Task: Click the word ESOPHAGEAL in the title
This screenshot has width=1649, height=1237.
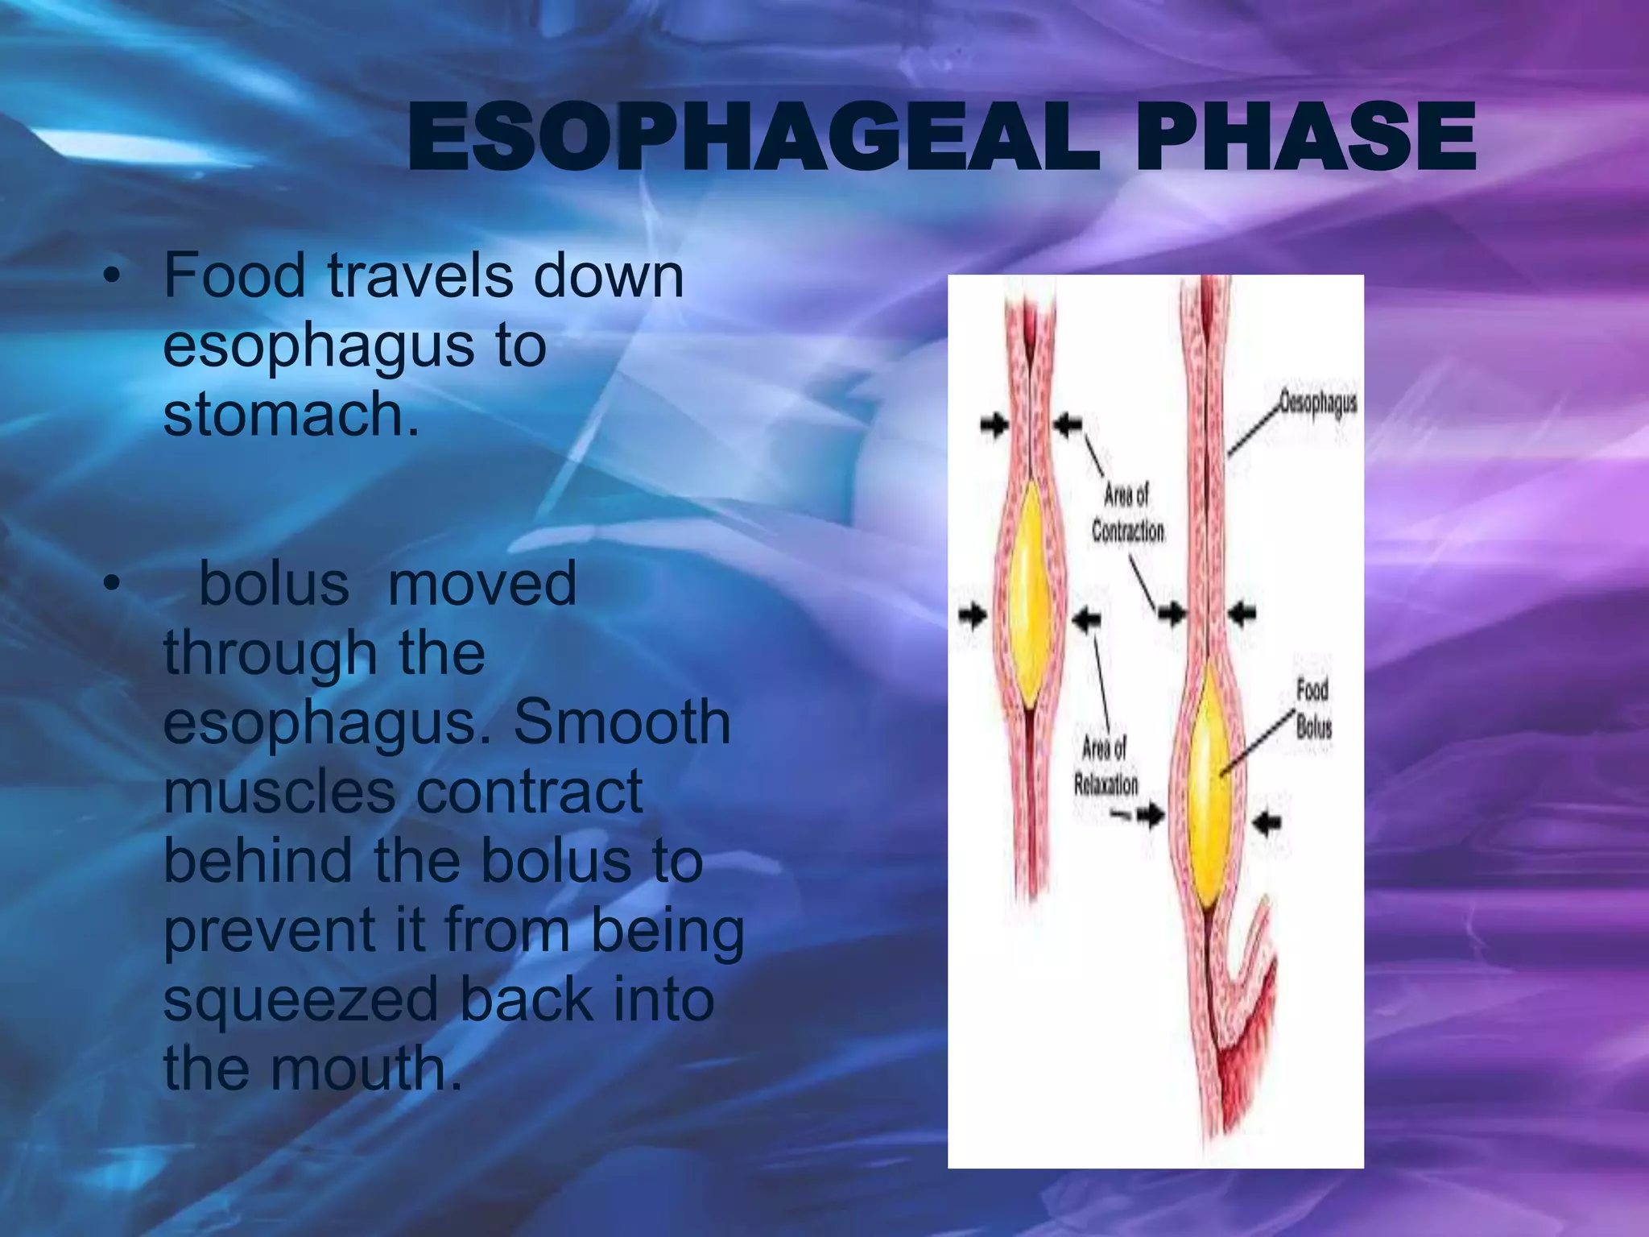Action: [752, 139]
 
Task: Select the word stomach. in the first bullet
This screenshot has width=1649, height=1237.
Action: [291, 414]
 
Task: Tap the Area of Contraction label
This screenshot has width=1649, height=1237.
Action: [1127, 513]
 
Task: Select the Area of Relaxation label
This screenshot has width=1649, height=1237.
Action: [1106, 767]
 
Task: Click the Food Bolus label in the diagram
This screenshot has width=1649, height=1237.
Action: [1313, 708]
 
